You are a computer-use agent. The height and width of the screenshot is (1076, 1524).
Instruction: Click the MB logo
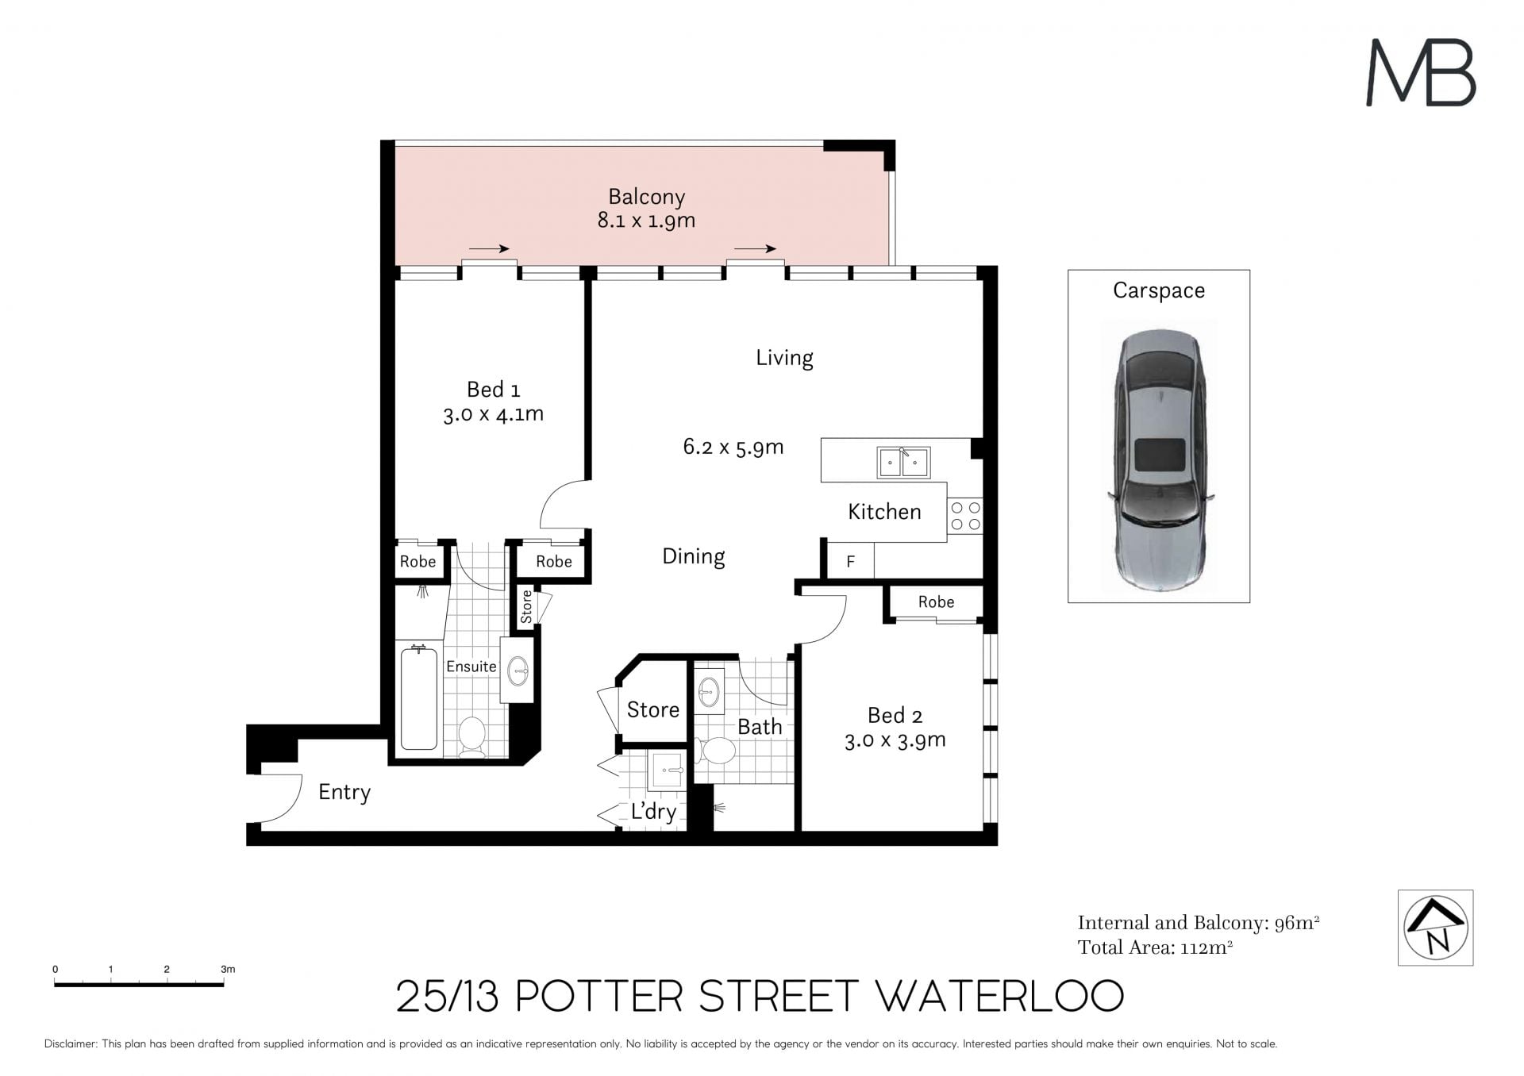1420,73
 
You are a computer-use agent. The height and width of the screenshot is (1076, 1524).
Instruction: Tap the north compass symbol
1435,928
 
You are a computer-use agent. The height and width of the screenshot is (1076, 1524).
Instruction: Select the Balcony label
646,197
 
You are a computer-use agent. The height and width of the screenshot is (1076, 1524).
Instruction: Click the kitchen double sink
903,463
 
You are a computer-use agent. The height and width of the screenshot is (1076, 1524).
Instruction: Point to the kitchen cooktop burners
965,515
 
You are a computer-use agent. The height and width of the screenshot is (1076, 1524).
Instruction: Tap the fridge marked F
850,561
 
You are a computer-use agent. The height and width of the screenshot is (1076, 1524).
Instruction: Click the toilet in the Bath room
717,751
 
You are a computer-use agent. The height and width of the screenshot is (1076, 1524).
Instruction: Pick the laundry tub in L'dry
667,769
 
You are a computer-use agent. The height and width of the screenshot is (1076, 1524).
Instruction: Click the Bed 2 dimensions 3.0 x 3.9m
895,740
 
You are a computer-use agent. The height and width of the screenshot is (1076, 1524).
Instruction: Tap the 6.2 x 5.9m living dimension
733,447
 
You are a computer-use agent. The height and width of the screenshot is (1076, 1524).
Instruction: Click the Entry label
344,792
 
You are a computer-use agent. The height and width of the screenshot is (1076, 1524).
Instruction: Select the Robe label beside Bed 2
936,601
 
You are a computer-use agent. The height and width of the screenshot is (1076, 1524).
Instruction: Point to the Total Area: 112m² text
1155,947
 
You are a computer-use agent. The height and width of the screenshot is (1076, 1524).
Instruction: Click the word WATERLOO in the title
999,997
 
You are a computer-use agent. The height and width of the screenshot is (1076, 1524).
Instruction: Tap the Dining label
694,557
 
